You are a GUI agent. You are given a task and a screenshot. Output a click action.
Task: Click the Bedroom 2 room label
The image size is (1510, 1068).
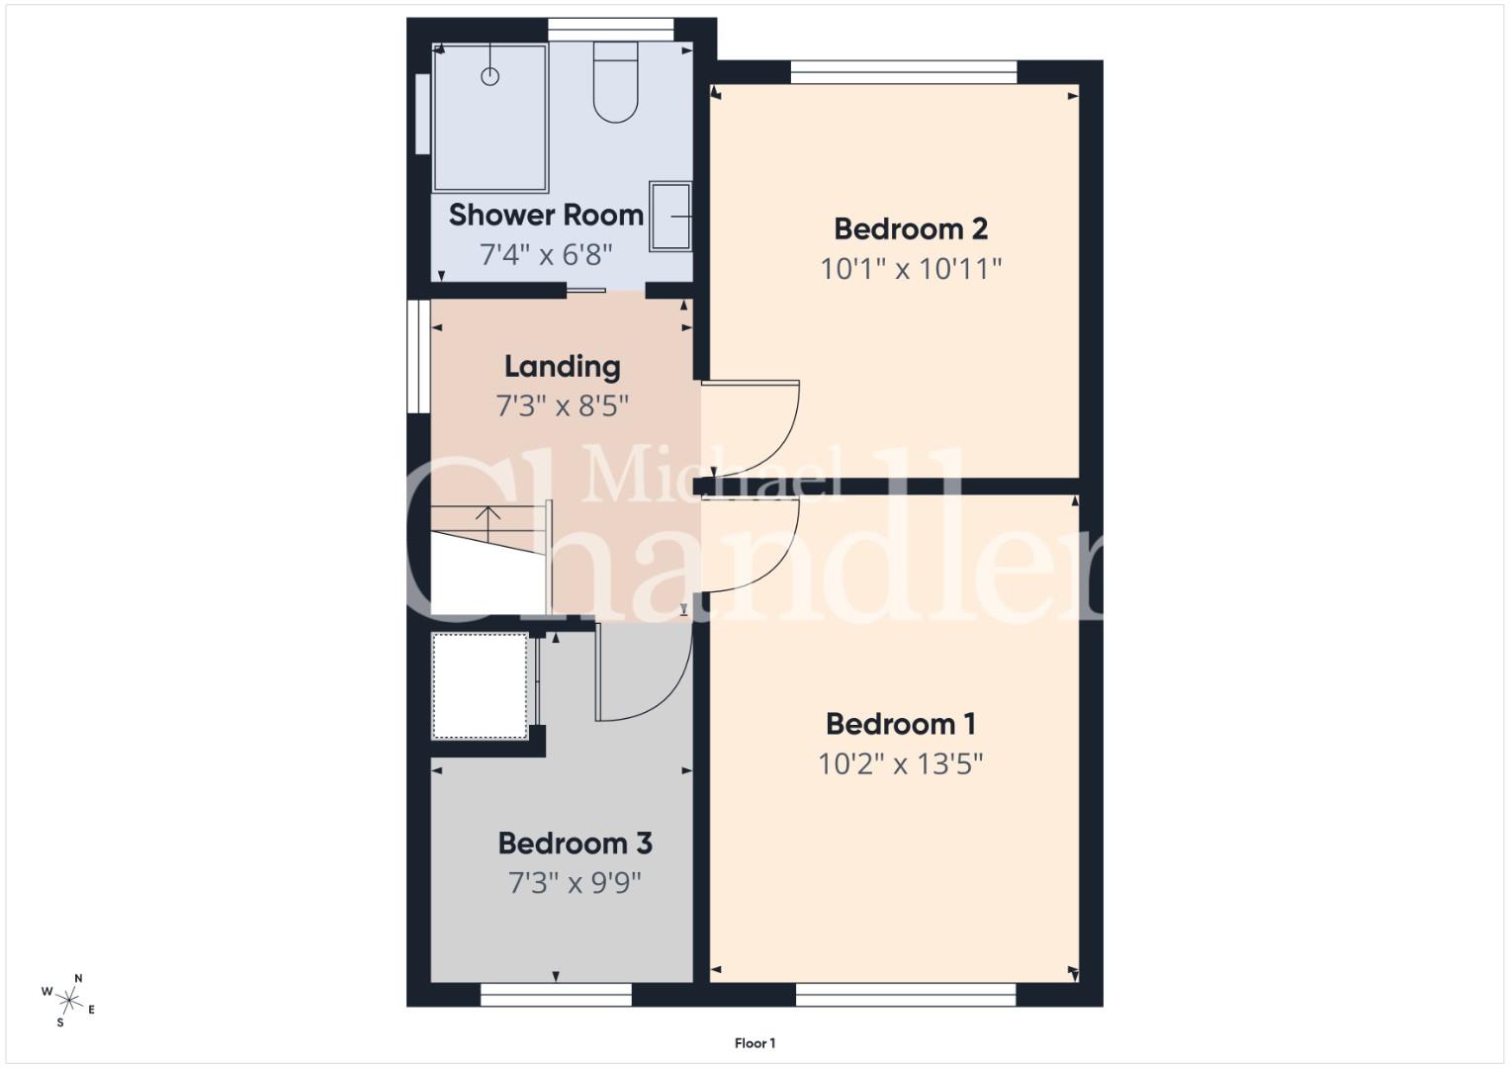tap(911, 229)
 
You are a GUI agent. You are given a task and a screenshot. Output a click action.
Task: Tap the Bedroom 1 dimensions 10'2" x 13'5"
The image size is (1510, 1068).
tap(901, 764)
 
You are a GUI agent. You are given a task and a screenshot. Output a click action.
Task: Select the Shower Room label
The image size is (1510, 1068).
tap(546, 216)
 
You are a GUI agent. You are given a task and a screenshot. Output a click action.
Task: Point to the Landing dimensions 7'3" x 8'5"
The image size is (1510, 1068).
tap(563, 406)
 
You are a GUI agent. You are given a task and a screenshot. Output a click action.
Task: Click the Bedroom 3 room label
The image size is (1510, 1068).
tap(575, 844)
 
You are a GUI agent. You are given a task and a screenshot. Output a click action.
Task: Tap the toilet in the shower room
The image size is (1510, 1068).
tap(615, 81)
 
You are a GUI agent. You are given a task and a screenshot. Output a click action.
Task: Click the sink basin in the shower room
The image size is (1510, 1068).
tap(670, 217)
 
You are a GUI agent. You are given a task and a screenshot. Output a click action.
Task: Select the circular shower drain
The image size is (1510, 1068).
tap(490, 76)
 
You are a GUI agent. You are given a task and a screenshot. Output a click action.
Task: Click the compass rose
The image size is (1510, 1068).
tap(68, 1001)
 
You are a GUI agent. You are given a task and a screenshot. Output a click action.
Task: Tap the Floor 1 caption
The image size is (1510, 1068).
tap(755, 1043)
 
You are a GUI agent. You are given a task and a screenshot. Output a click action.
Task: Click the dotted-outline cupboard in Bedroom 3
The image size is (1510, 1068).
tap(480, 685)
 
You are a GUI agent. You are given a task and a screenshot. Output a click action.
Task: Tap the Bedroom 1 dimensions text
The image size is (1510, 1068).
tap(901, 764)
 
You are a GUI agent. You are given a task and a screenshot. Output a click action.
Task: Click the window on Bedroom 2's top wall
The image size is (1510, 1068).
tap(903, 72)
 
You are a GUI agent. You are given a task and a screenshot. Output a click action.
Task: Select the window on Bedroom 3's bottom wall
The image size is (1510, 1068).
tap(556, 995)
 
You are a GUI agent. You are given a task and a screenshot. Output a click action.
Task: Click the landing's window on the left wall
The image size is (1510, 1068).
tap(418, 356)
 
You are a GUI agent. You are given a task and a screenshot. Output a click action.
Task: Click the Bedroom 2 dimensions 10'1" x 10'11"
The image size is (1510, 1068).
tap(911, 269)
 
